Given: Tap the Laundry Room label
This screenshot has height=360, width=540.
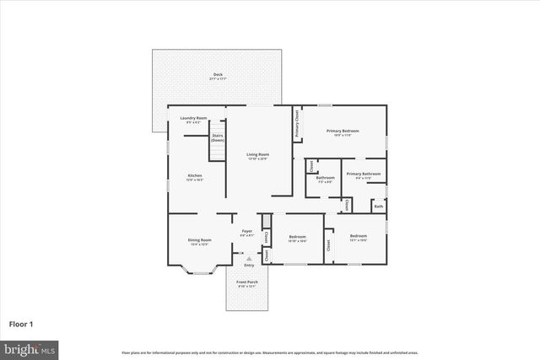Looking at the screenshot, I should coord(193,119).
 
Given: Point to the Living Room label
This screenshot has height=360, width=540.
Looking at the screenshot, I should coord(257,156).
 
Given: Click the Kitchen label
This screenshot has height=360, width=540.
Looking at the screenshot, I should coord(195,177).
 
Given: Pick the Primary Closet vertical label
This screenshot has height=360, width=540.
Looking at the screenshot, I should coord(297,125).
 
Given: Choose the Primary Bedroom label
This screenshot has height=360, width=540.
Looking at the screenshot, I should coord(343,132).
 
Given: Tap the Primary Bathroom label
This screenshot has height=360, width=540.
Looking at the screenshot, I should coord(363,175).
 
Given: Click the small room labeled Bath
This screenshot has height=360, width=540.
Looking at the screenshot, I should coord(379,206).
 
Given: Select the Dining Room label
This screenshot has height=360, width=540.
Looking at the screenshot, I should coord(200,241).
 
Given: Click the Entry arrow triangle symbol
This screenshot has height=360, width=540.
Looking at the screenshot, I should coord(248,259).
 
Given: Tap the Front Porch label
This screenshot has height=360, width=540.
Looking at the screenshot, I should coord(246,284).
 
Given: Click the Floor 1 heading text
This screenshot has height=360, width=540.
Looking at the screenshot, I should coord(21,323).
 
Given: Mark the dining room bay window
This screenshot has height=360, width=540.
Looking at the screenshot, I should coord(200,271).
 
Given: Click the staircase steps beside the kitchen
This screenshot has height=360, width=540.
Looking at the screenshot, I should coord(218,153).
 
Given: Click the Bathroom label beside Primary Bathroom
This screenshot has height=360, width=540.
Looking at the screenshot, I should coord(325,179).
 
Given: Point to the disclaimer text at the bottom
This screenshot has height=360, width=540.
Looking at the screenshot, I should coord(270,352).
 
